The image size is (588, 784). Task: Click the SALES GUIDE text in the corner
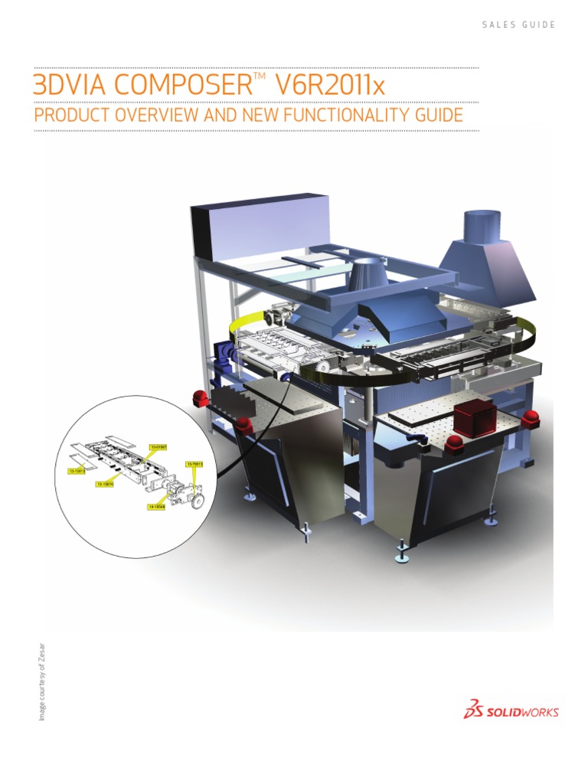(x=518, y=24)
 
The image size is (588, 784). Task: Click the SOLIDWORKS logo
(x=511, y=710)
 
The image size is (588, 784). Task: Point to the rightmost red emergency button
(x=529, y=419)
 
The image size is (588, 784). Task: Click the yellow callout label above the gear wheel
(x=194, y=463)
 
